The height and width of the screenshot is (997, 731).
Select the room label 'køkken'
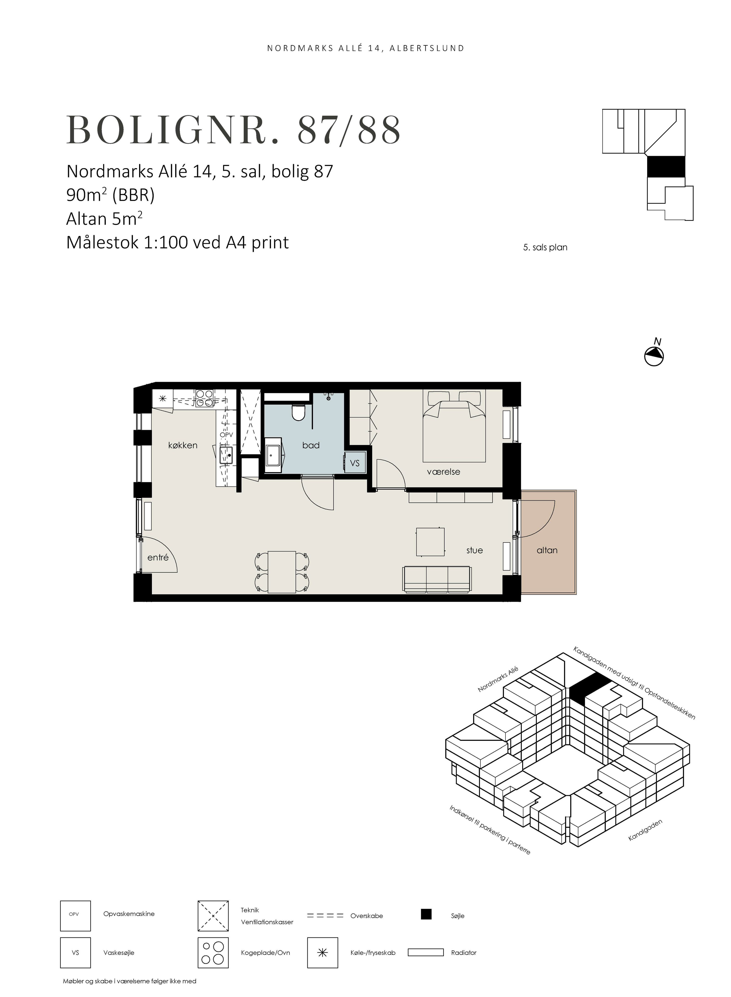183,445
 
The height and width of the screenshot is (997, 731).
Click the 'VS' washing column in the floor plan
355,463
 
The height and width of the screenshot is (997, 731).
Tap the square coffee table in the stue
430,542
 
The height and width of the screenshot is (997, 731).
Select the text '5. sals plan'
545,247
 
